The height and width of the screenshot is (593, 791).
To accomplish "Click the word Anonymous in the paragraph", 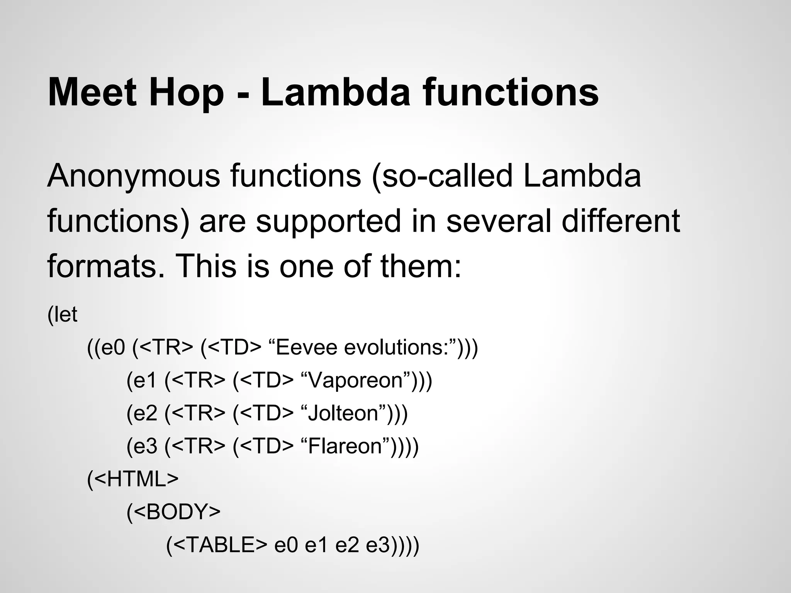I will pyautogui.click(x=134, y=176).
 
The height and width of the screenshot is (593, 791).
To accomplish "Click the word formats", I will pyautogui.click(x=102, y=266).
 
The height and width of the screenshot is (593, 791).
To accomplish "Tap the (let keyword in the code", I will pyautogui.click(x=63, y=315).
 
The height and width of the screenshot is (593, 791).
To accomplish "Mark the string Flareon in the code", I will pyautogui.click(x=350, y=446).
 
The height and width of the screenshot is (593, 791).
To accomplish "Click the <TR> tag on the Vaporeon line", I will pyautogui.click(x=198, y=380).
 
